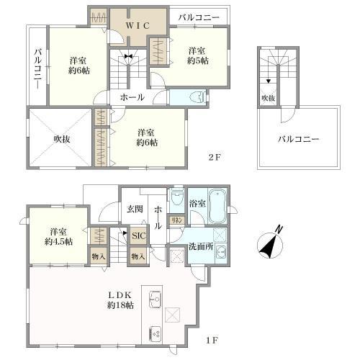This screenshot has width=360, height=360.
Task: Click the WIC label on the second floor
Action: pyautogui.click(x=138, y=25)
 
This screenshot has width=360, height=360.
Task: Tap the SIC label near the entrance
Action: pyautogui.click(x=138, y=235)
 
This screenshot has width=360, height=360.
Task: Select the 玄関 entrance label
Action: pyautogui.click(x=135, y=210)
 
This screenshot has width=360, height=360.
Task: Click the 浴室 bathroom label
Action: pyautogui.click(x=197, y=204)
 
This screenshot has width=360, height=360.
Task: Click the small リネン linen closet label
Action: pyautogui.click(x=175, y=220)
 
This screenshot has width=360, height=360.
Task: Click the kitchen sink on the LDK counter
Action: pyautogui.click(x=155, y=300)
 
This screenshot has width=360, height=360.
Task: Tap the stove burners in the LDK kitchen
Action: pyautogui.click(x=155, y=333)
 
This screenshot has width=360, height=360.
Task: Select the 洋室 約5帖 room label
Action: pyautogui.click(x=199, y=55)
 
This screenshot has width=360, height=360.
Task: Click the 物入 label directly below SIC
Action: pyautogui.click(x=138, y=256)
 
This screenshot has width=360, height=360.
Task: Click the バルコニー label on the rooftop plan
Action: pyautogui.click(x=298, y=139)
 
